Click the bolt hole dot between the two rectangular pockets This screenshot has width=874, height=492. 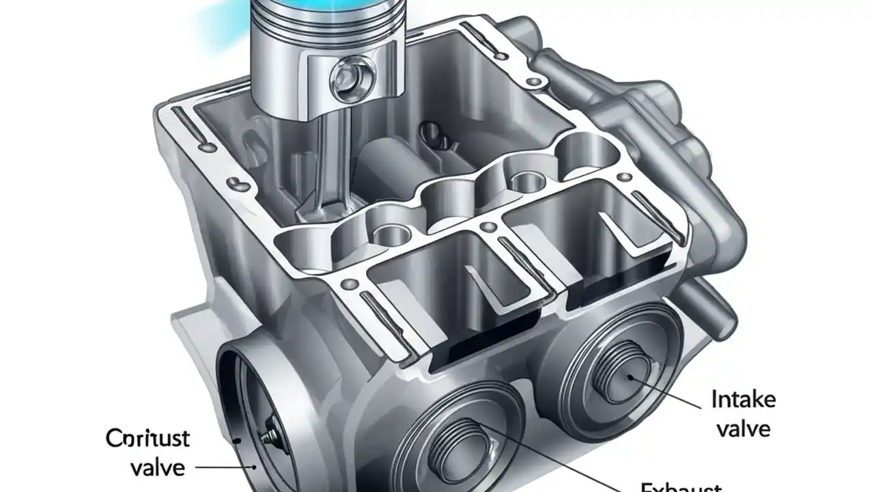[489, 226]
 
